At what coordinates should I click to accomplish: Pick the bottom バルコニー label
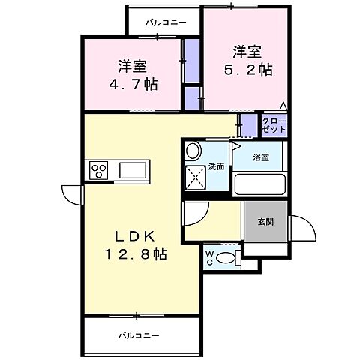tap(140, 335)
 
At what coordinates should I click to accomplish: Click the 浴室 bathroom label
tap(261, 157)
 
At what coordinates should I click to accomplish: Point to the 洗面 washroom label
tap(216, 166)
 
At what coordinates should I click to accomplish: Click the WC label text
tap(209, 257)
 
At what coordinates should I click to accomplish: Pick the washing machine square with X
tap(197, 178)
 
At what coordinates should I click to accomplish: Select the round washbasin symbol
tap(193, 150)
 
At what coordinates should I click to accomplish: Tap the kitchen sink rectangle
tap(134, 170)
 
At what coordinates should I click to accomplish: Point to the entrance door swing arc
tap(302, 226)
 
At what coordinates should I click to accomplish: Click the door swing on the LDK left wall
tap(71, 195)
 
